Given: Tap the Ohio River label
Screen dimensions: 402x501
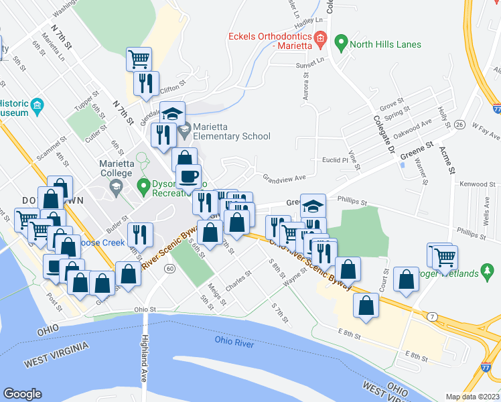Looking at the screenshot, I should click(234, 341).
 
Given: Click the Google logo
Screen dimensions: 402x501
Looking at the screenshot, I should click(22, 394).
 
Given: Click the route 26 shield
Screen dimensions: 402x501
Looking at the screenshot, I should click(459, 125).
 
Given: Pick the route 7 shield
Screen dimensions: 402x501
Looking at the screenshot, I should click(433, 315).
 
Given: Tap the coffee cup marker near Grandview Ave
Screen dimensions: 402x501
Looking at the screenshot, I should click(188, 177).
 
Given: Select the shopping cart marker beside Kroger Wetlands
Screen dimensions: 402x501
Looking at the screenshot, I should click(443, 255).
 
